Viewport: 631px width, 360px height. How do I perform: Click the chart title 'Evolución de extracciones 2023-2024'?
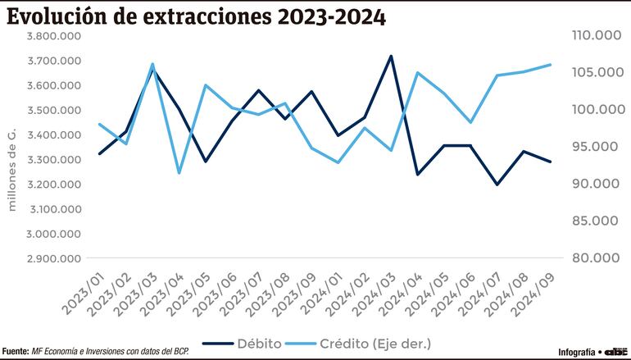click(197, 16)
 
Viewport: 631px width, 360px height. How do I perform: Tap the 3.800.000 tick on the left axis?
click(55, 36)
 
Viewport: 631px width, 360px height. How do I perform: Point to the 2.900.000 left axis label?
click(55, 258)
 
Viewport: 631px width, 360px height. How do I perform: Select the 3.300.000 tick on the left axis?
click(55, 159)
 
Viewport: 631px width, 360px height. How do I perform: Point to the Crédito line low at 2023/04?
click(179, 173)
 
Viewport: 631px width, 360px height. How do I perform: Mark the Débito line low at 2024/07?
click(497, 185)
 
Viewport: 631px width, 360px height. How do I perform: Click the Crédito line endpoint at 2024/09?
click(550, 64)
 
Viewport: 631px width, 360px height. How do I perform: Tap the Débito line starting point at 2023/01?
click(100, 153)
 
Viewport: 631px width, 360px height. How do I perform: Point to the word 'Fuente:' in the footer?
click(16, 351)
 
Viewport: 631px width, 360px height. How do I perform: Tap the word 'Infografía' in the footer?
click(577, 351)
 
